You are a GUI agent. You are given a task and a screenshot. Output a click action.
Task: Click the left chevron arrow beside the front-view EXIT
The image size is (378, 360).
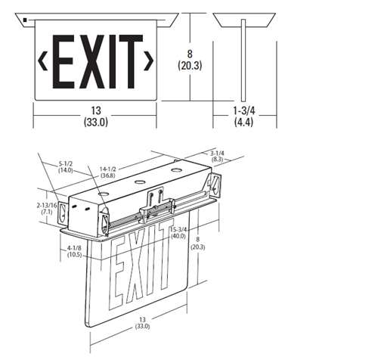42,60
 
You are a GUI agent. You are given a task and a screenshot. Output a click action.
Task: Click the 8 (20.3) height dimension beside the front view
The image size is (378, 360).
193,58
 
